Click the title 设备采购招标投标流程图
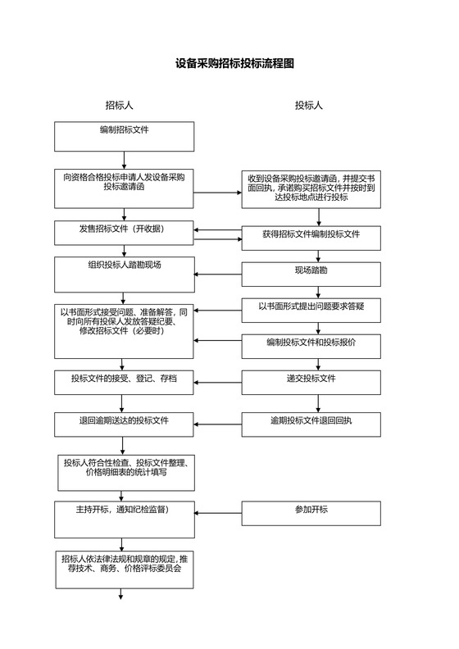click(234, 63)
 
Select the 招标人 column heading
click(119, 105)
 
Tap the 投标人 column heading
click(308, 105)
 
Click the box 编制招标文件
click(125, 136)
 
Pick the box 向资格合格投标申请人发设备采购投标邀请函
click(125, 188)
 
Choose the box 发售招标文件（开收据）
click(125, 233)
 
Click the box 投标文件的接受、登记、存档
click(125, 383)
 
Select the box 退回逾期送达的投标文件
click(125, 424)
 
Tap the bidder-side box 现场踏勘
click(311, 275)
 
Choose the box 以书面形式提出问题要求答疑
click(311, 311)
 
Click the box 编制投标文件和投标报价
click(311, 347)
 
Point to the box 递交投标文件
click(311, 383)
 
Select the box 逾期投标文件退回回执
click(311, 424)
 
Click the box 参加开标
click(311, 515)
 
